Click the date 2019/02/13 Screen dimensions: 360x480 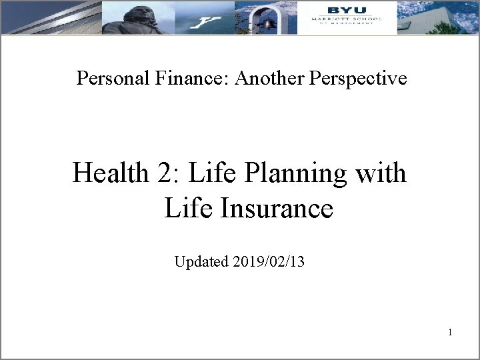269,261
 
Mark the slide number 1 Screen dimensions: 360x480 451,331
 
